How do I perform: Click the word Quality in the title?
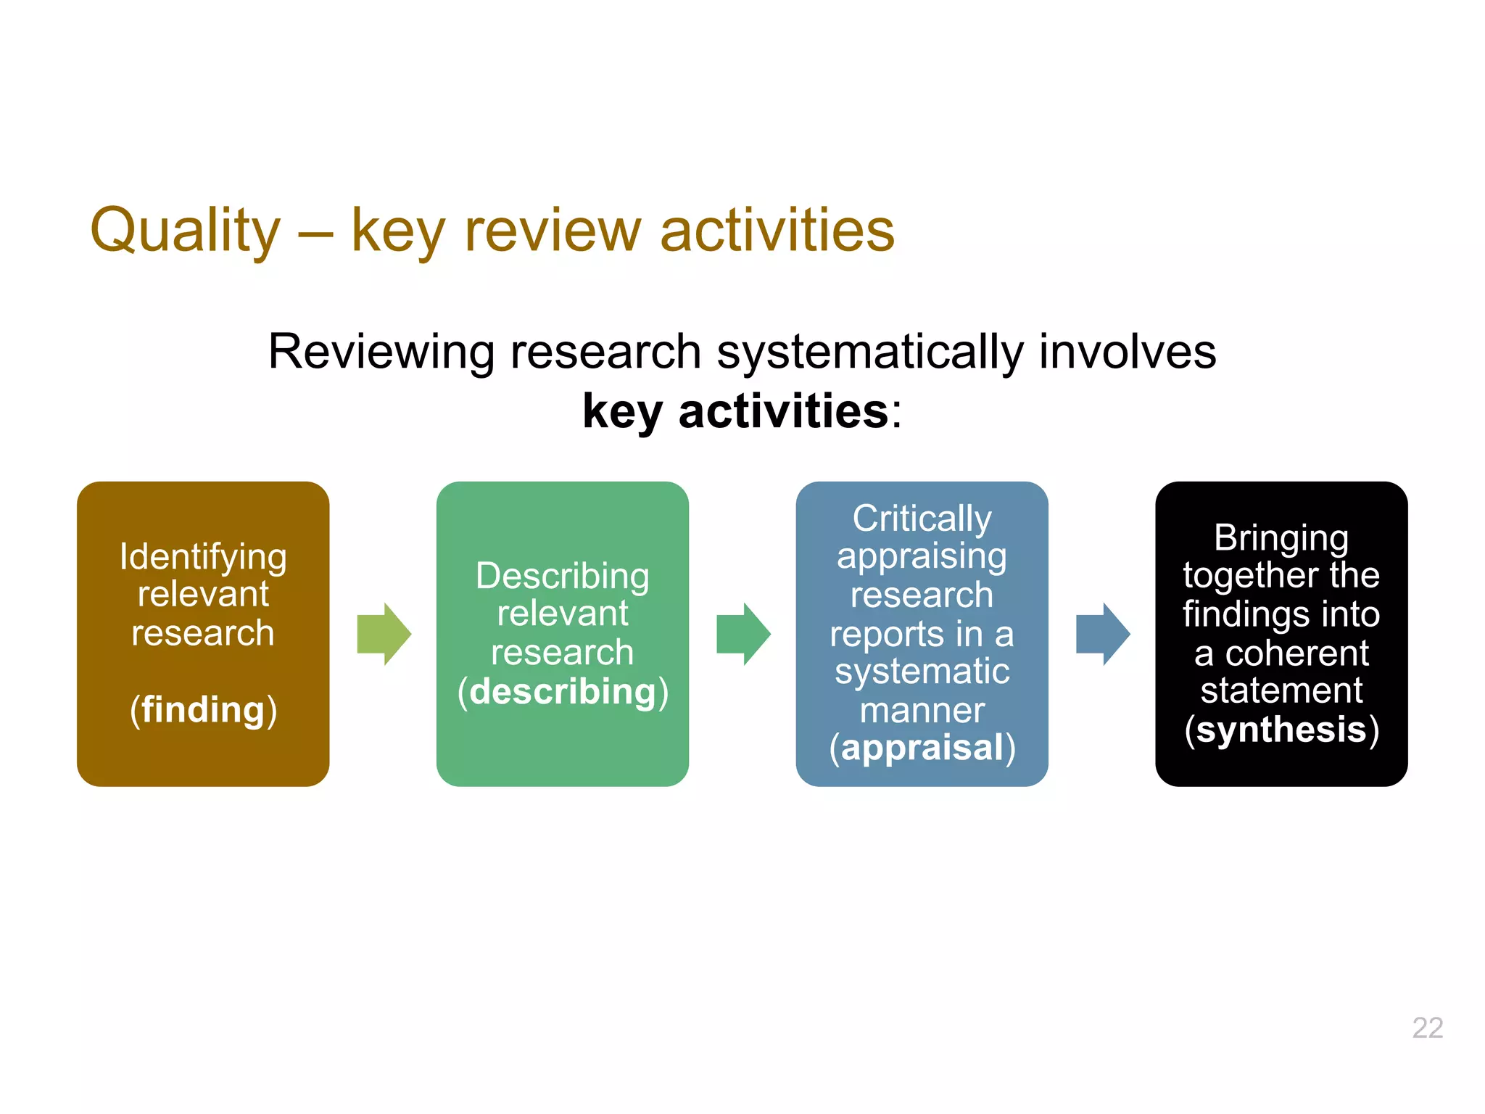[185, 231]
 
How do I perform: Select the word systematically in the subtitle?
[869, 352]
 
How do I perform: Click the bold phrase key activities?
[735, 411]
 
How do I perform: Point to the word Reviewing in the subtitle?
[381, 352]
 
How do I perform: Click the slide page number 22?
[1427, 1028]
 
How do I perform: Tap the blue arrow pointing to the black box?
[1102, 634]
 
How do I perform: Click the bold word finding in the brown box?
[203, 709]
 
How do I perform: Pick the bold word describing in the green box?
[563, 691]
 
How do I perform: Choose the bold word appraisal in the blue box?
[922, 748]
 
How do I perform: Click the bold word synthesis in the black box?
[1281, 729]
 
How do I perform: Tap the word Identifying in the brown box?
[203, 557]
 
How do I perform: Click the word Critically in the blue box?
[922, 519]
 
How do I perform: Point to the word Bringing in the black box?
[1281, 538]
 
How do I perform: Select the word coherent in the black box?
[1296, 653]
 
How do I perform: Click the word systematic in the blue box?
[922, 671]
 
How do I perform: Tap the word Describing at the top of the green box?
[563, 576]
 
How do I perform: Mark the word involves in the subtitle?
[1128, 352]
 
